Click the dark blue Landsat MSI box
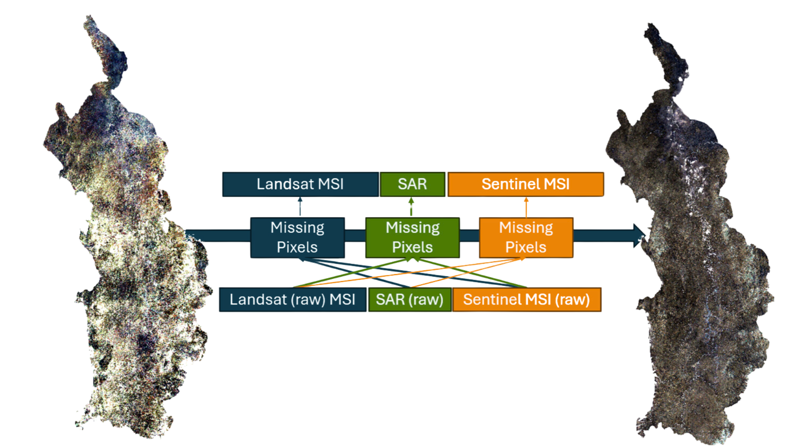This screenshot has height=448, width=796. click(x=301, y=184)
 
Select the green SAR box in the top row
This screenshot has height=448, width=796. click(x=412, y=184)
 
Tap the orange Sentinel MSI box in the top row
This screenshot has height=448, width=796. click(x=526, y=184)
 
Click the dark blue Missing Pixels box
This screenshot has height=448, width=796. click(x=297, y=237)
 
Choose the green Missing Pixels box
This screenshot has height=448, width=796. click(x=413, y=237)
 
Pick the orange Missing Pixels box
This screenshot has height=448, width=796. click(x=526, y=237)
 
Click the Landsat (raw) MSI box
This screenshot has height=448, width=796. click(x=293, y=299)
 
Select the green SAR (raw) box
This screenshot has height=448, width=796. click(x=410, y=299)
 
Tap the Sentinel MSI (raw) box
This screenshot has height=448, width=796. click(x=527, y=299)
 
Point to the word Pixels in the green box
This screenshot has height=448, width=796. click(x=413, y=247)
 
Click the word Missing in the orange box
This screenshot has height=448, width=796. click(x=526, y=228)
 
